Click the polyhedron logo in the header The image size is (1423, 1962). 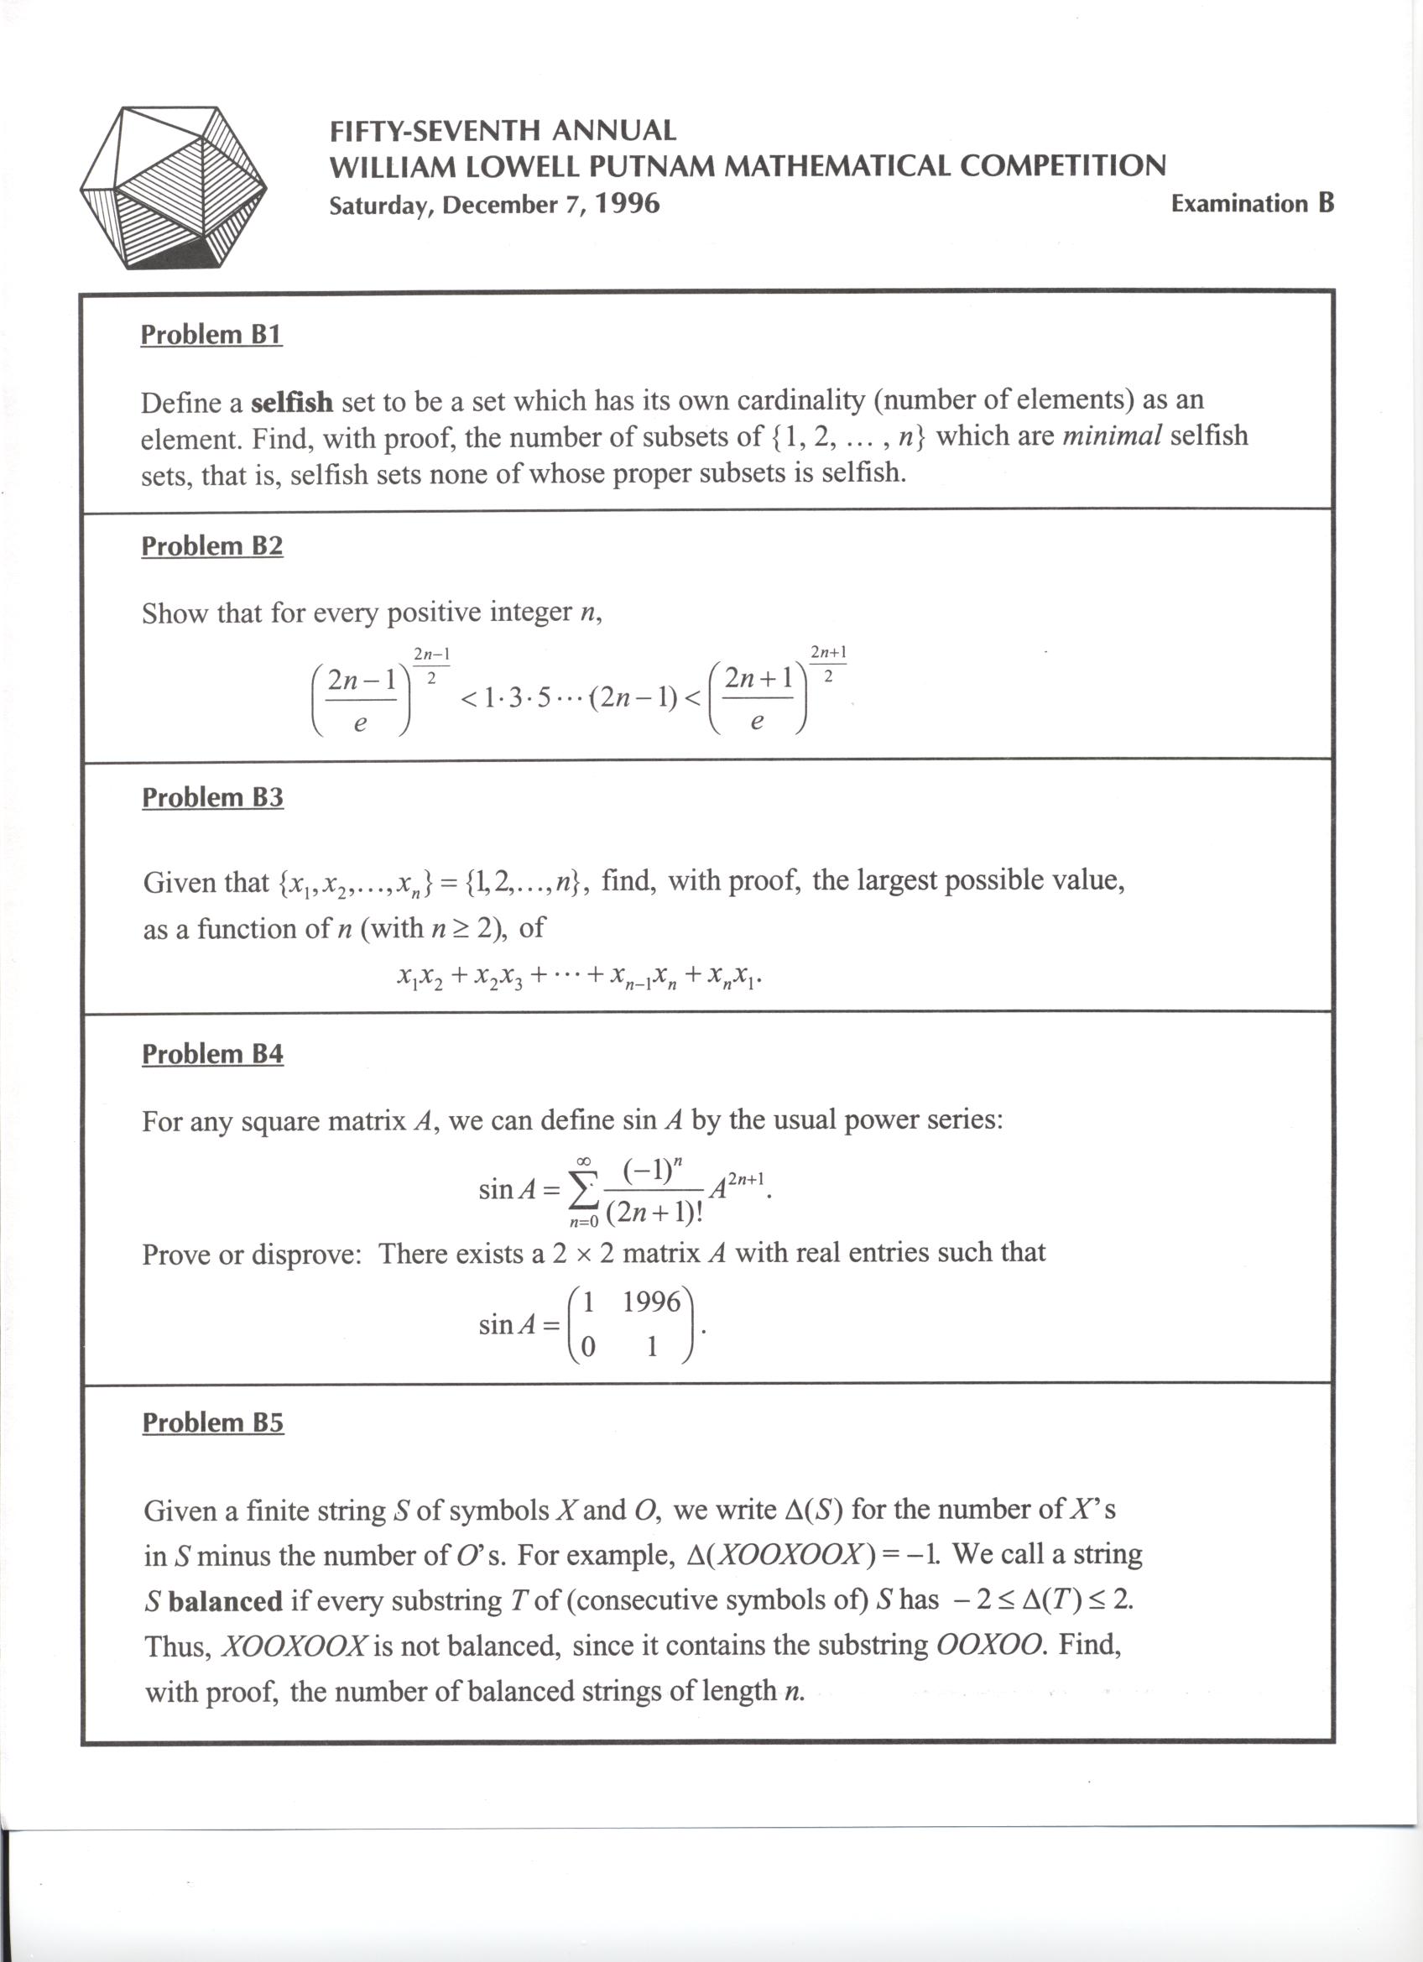[x=173, y=188]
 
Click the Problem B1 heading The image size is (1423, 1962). [x=211, y=335]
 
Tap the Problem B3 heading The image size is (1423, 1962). [x=212, y=796]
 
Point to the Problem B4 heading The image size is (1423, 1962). [x=212, y=1054]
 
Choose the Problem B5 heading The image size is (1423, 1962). [x=212, y=1422]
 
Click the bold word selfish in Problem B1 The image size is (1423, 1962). [x=291, y=402]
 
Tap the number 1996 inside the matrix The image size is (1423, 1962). [x=651, y=1301]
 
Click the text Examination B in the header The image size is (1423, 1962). [x=1252, y=204]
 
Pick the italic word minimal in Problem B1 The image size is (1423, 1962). [x=1111, y=436]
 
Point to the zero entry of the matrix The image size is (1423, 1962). [x=586, y=1348]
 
